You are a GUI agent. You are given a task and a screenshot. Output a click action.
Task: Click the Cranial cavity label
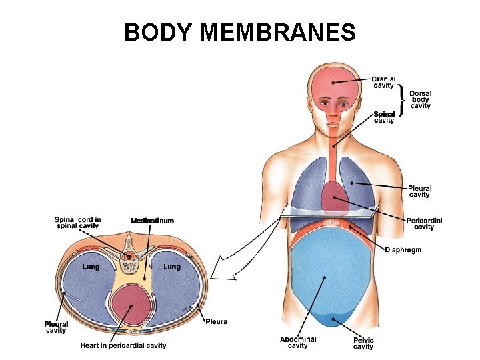click(383, 82)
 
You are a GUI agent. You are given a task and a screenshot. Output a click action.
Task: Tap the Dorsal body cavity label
click(420, 99)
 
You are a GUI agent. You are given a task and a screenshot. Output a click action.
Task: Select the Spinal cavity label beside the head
click(383, 117)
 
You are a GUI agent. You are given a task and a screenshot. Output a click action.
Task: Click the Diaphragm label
click(403, 250)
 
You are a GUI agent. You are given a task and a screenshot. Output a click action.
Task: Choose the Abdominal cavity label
click(298, 343)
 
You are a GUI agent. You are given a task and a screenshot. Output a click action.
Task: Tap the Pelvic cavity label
click(363, 343)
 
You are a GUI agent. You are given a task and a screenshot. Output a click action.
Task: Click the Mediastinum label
click(152, 221)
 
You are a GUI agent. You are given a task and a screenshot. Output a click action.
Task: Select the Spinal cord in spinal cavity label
click(77, 223)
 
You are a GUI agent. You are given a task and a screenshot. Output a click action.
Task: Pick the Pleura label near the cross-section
click(216, 321)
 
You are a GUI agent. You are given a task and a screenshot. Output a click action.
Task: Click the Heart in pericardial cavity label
click(123, 345)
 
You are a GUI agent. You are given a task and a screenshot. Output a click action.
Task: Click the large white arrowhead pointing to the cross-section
click(220, 270)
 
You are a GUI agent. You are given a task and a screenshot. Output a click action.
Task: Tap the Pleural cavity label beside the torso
click(419, 191)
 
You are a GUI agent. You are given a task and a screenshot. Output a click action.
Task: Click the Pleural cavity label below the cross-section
click(57, 327)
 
